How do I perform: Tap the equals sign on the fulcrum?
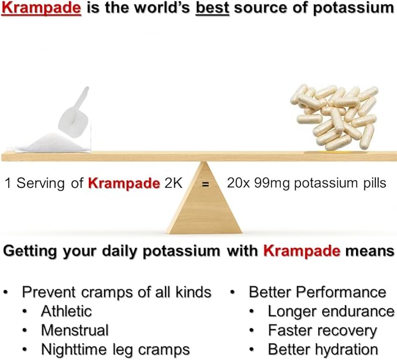point(204,184)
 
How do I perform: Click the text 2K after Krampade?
point(172,183)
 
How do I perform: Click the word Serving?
point(39,183)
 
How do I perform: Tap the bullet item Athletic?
point(66,311)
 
